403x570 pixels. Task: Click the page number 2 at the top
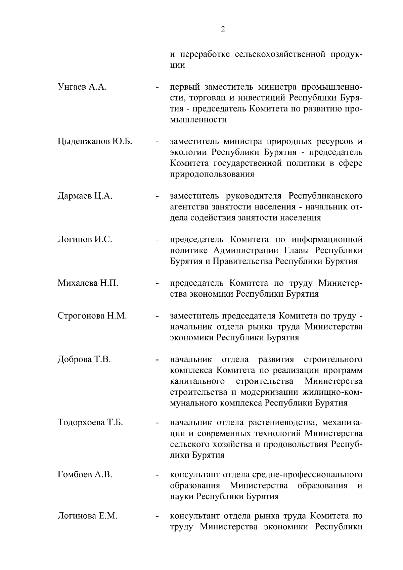coord(223,29)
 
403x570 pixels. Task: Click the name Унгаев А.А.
coord(82,87)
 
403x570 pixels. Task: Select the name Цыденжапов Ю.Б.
coord(95,141)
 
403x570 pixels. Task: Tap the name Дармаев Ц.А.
coord(85,196)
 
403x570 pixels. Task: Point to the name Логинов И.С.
coord(85,239)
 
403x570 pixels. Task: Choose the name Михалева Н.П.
coord(88,283)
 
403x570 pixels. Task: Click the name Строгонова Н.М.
coord(92,316)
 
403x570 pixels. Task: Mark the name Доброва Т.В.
coord(84,360)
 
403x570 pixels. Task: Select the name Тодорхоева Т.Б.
coord(90,422)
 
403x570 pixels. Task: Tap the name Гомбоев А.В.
coord(85,474)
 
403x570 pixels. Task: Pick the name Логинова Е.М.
coord(87,516)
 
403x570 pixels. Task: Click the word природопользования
coord(212,174)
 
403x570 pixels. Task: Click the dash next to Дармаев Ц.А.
coord(156,196)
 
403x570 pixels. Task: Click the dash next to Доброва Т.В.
coord(156,360)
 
